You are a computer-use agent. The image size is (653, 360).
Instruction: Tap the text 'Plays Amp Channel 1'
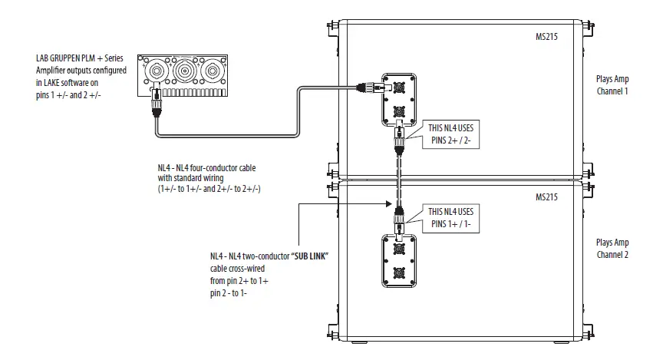click(612, 84)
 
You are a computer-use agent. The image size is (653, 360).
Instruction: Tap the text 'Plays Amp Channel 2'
click(612, 247)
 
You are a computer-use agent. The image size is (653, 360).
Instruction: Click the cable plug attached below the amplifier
click(158, 103)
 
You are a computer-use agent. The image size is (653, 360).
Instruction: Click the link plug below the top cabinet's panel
click(400, 141)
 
